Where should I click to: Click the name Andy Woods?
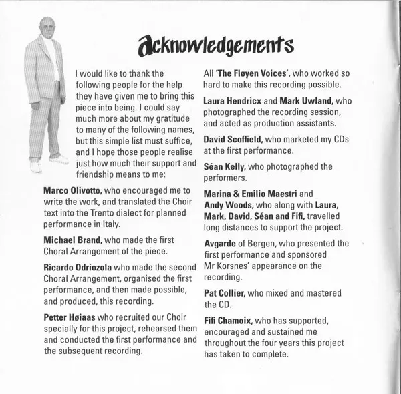pos(231,205)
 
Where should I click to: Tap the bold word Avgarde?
pos(220,244)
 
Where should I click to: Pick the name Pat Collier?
pos(225,293)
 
